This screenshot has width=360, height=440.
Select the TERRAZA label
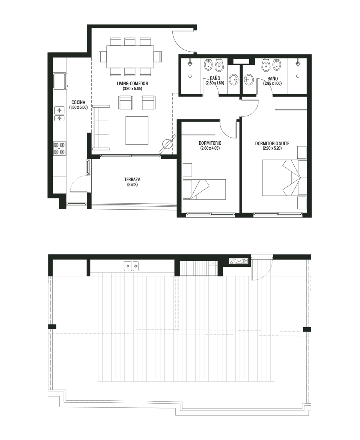pos(132,180)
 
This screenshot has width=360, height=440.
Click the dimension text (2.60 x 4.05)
pos(210,148)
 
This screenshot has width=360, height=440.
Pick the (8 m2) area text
pos(132,185)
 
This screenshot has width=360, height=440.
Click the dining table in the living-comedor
pos(130,56)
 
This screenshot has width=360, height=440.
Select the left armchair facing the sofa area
pos(126,103)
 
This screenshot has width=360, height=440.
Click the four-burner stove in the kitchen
pos(59,149)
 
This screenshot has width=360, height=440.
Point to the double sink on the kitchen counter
pos(59,114)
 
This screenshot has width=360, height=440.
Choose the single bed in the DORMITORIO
pos(204,189)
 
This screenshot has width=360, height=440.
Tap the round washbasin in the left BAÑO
pos(234,80)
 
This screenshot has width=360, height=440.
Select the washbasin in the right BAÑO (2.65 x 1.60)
pos(248,79)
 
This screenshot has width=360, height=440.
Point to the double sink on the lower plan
pos(132,266)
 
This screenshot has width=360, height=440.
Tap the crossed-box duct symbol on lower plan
pos(239,261)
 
